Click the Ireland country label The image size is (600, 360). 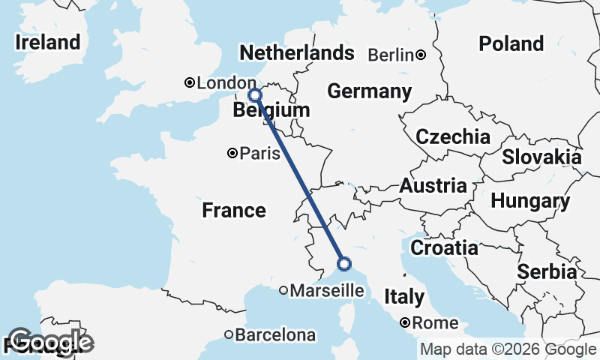pyautogui.click(x=47, y=42)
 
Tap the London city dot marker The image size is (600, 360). pyautogui.click(x=190, y=82)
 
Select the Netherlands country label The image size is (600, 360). pyautogui.click(x=295, y=53)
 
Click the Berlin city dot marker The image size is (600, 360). pyautogui.click(x=421, y=55)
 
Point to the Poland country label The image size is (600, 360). pyautogui.click(x=511, y=43)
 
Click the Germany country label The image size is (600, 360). pyautogui.click(x=370, y=91)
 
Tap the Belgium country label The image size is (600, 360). pyautogui.click(x=271, y=111)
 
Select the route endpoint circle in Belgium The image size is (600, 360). pyautogui.click(x=254, y=94)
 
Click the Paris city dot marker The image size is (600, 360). pyautogui.click(x=232, y=154)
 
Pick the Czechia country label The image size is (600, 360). pyautogui.click(x=453, y=137)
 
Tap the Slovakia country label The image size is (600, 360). pyautogui.click(x=541, y=157)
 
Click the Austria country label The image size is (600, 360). pyautogui.click(x=433, y=185)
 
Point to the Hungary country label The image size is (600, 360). pyautogui.click(x=530, y=201)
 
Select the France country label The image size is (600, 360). pyautogui.click(x=234, y=211)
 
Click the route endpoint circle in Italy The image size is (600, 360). pyautogui.click(x=344, y=263)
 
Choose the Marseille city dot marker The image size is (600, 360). pyautogui.click(x=283, y=290)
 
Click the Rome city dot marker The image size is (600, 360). pyautogui.click(x=405, y=323)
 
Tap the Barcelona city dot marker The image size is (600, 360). pyautogui.click(x=229, y=334)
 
